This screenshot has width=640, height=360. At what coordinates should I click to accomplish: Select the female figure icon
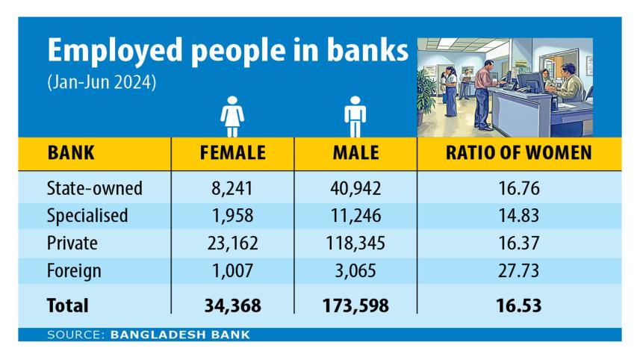tap(232, 118)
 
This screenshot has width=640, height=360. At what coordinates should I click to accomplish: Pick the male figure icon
tap(355, 118)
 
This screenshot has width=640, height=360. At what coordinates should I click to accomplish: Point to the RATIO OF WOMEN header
tap(518, 154)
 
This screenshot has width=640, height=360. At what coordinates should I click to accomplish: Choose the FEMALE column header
tap(232, 154)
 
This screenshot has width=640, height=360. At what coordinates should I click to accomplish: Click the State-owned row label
tap(94, 188)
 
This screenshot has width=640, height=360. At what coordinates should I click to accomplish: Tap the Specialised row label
tap(87, 216)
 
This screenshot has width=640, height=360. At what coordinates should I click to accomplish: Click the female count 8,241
tap(232, 188)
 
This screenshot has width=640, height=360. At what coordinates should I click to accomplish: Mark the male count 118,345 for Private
tap(355, 243)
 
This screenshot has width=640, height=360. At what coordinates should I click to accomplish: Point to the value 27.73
tap(518, 270)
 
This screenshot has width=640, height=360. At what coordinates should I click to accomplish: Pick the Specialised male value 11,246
tap(355, 216)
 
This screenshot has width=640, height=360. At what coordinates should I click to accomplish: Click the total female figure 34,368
tap(232, 305)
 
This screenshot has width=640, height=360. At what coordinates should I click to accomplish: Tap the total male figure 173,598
tap(355, 305)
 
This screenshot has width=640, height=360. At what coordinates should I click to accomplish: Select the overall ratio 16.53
tap(518, 305)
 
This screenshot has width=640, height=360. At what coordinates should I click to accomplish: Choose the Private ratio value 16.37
tap(518, 243)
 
